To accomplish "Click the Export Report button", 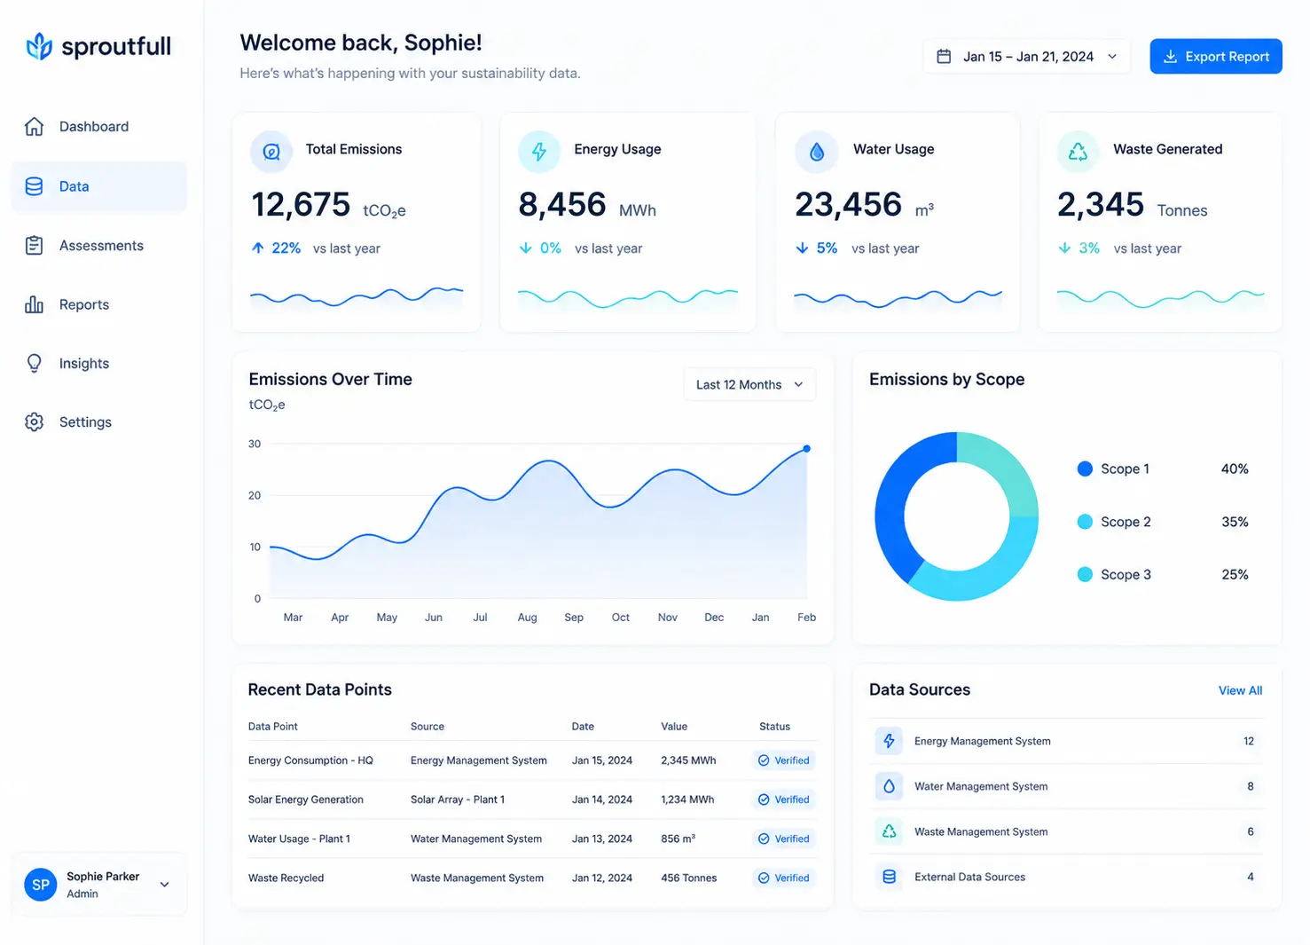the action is [x=1215, y=56].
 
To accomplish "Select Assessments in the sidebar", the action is [x=100, y=245].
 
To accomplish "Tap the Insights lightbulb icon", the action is [x=34, y=363].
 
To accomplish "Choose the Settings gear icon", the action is [x=34, y=421].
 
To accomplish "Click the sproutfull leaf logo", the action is [x=39, y=46].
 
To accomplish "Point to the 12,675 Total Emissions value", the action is [x=301, y=204].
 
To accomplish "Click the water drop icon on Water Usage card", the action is [x=816, y=152].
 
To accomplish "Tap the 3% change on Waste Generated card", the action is [x=1089, y=248].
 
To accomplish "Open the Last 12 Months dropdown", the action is [x=749, y=384].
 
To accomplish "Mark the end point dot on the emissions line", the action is [x=806, y=449].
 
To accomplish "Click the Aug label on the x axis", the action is [x=527, y=617].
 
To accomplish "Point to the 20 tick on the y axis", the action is [x=255, y=495].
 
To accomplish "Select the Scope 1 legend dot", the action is [x=1085, y=469].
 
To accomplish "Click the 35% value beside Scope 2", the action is [x=1235, y=522].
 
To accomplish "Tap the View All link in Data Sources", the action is [x=1240, y=690].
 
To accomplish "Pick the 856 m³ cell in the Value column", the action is [x=678, y=838].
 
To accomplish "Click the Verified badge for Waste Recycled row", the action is [x=784, y=878].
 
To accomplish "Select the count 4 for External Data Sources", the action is [x=1250, y=877].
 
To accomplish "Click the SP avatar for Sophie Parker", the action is [x=40, y=884].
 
